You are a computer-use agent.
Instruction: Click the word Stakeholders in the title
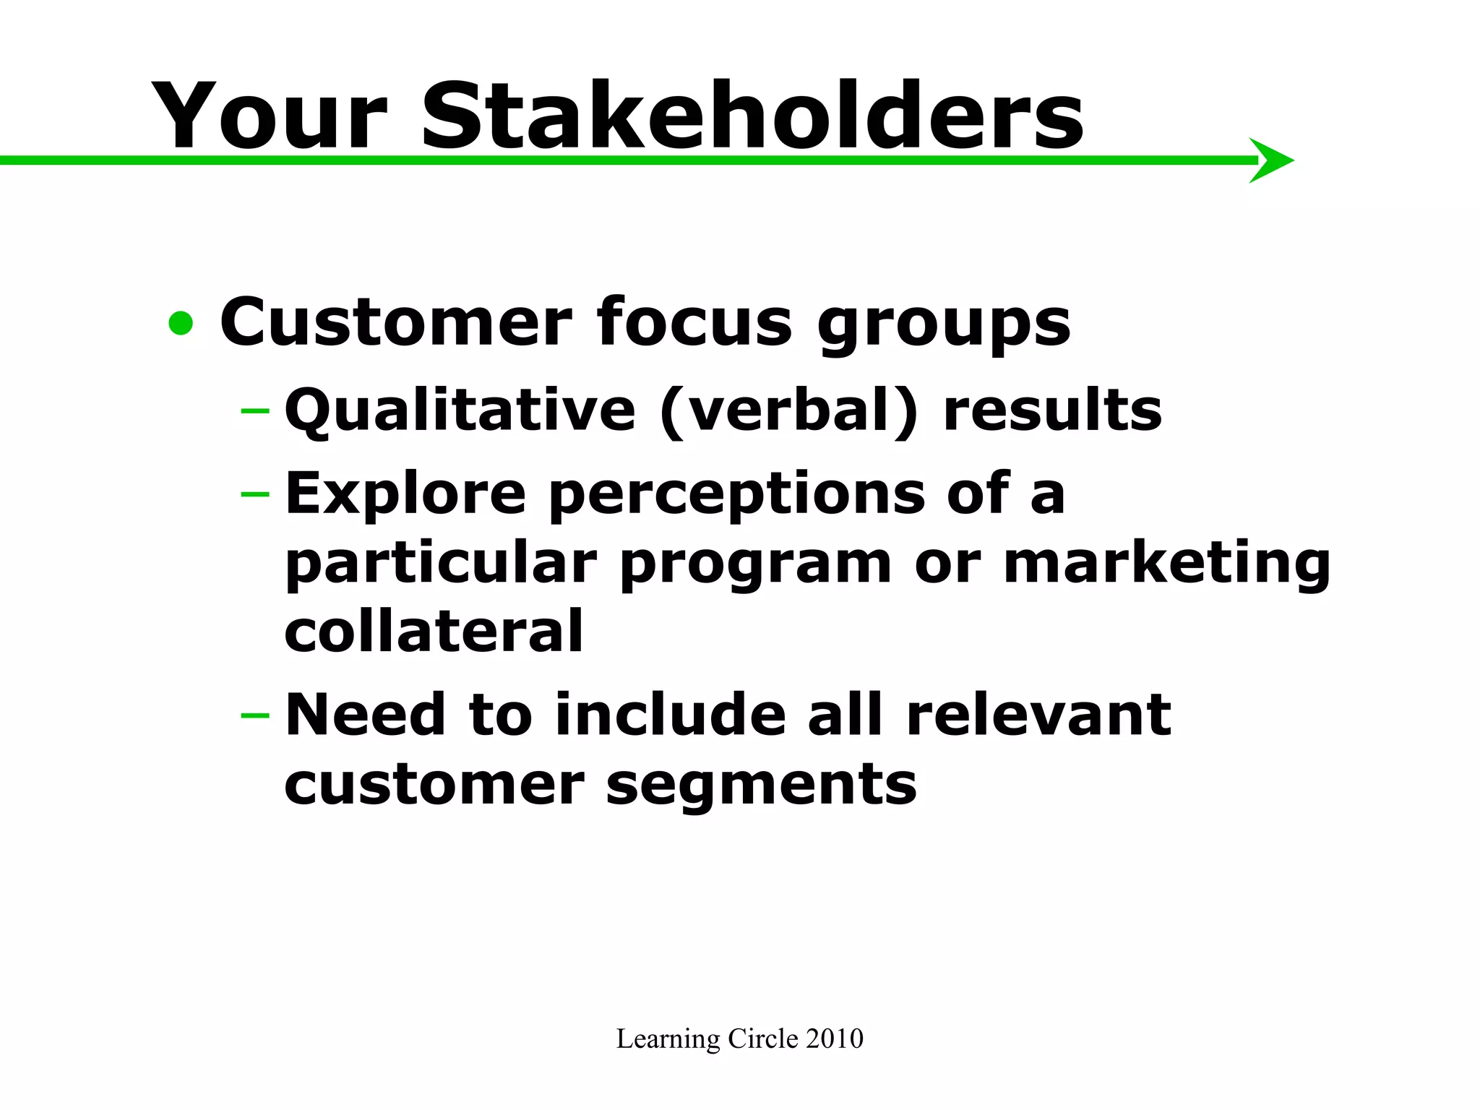[752, 116]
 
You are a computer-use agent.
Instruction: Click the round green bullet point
[181, 323]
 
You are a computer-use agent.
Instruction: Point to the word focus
[694, 322]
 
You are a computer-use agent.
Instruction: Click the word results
[1052, 410]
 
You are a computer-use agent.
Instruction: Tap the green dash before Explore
[254, 494]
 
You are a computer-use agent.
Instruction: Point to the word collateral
[434, 631]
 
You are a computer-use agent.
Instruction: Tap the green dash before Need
[254, 715]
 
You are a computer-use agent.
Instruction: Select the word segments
[762, 786]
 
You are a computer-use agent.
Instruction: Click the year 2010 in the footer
[834, 1038]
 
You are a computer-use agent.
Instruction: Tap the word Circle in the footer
[762, 1038]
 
